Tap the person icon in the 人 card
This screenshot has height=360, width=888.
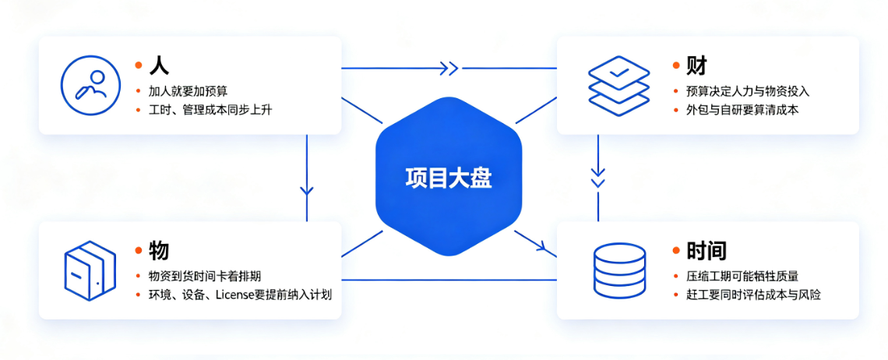pos(90,85)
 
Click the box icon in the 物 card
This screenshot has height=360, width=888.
pos(90,270)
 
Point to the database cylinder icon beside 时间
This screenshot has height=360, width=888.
pos(618,271)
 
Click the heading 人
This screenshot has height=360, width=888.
pos(159,65)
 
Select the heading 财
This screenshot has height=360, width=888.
pos(696,65)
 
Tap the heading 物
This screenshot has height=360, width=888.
pos(159,250)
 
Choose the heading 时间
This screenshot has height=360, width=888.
pos(707,250)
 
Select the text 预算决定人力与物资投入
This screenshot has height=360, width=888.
pos(742,91)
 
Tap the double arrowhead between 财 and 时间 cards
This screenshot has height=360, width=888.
pos(598,177)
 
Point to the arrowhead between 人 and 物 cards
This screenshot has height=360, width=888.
pos(306,189)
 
